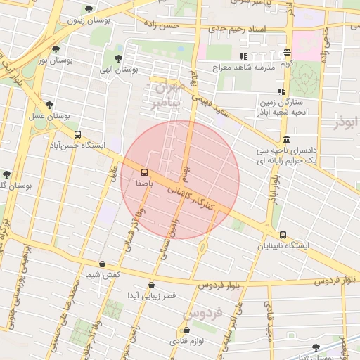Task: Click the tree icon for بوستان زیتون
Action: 88,10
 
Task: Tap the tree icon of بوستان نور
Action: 56,50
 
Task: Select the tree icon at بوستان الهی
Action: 117,58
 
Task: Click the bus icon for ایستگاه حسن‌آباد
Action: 77,134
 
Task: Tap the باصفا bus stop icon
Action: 144,172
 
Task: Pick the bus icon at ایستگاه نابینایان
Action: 283,236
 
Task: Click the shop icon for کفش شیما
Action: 103,264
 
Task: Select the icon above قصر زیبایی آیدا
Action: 152,285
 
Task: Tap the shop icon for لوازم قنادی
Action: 186,330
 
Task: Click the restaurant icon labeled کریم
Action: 288,53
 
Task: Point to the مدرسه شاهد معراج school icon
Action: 243,56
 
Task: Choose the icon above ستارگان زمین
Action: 281,92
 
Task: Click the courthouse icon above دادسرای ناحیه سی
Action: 285,139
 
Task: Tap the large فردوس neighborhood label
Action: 202,311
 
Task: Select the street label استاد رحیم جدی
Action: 240,30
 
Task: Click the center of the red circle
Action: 180,180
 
